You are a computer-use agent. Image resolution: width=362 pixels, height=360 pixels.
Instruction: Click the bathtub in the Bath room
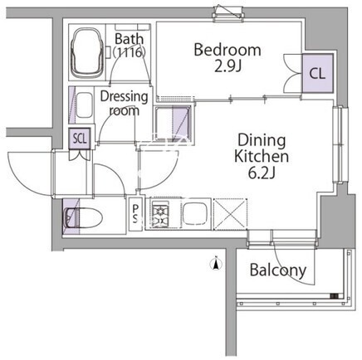[x=86, y=52]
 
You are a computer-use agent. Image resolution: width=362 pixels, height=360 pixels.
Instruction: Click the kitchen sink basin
[x=194, y=214]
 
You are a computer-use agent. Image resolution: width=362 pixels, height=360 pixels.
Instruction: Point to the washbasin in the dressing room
[x=84, y=105]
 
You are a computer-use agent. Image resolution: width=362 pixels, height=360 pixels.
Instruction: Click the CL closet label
[x=317, y=74]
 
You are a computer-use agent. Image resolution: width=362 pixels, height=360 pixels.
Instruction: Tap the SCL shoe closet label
[x=80, y=139]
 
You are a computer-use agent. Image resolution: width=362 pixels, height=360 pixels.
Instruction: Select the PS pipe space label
[x=135, y=214]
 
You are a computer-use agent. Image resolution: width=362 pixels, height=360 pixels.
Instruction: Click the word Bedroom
[x=227, y=50]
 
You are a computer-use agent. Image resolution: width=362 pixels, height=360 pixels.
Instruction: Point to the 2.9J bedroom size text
[x=228, y=66]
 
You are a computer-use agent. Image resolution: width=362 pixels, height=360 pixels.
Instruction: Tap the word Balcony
[x=278, y=270]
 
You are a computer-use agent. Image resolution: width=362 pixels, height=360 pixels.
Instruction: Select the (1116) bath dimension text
[x=130, y=52]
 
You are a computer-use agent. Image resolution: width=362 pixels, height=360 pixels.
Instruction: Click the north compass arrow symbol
[x=216, y=264]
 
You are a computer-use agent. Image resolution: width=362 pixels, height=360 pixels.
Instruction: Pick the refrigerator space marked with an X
[x=231, y=214]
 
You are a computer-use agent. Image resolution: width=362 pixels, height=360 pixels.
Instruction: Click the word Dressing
[x=124, y=97]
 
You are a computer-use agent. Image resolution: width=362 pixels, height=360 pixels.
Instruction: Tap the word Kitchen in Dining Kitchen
[x=262, y=156]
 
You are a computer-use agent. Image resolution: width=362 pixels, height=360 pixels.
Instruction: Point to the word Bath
[x=130, y=39]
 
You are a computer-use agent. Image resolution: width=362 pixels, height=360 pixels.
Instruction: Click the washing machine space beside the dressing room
[x=173, y=124]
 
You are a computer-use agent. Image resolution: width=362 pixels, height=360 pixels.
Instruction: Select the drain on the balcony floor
[x=335, y=296]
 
